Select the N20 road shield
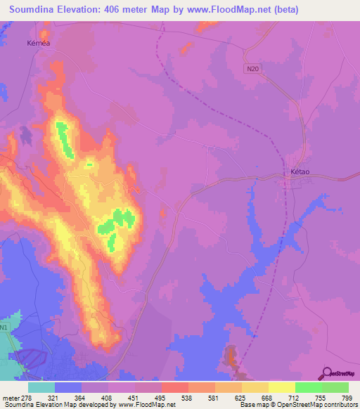254,69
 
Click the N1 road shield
5,328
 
